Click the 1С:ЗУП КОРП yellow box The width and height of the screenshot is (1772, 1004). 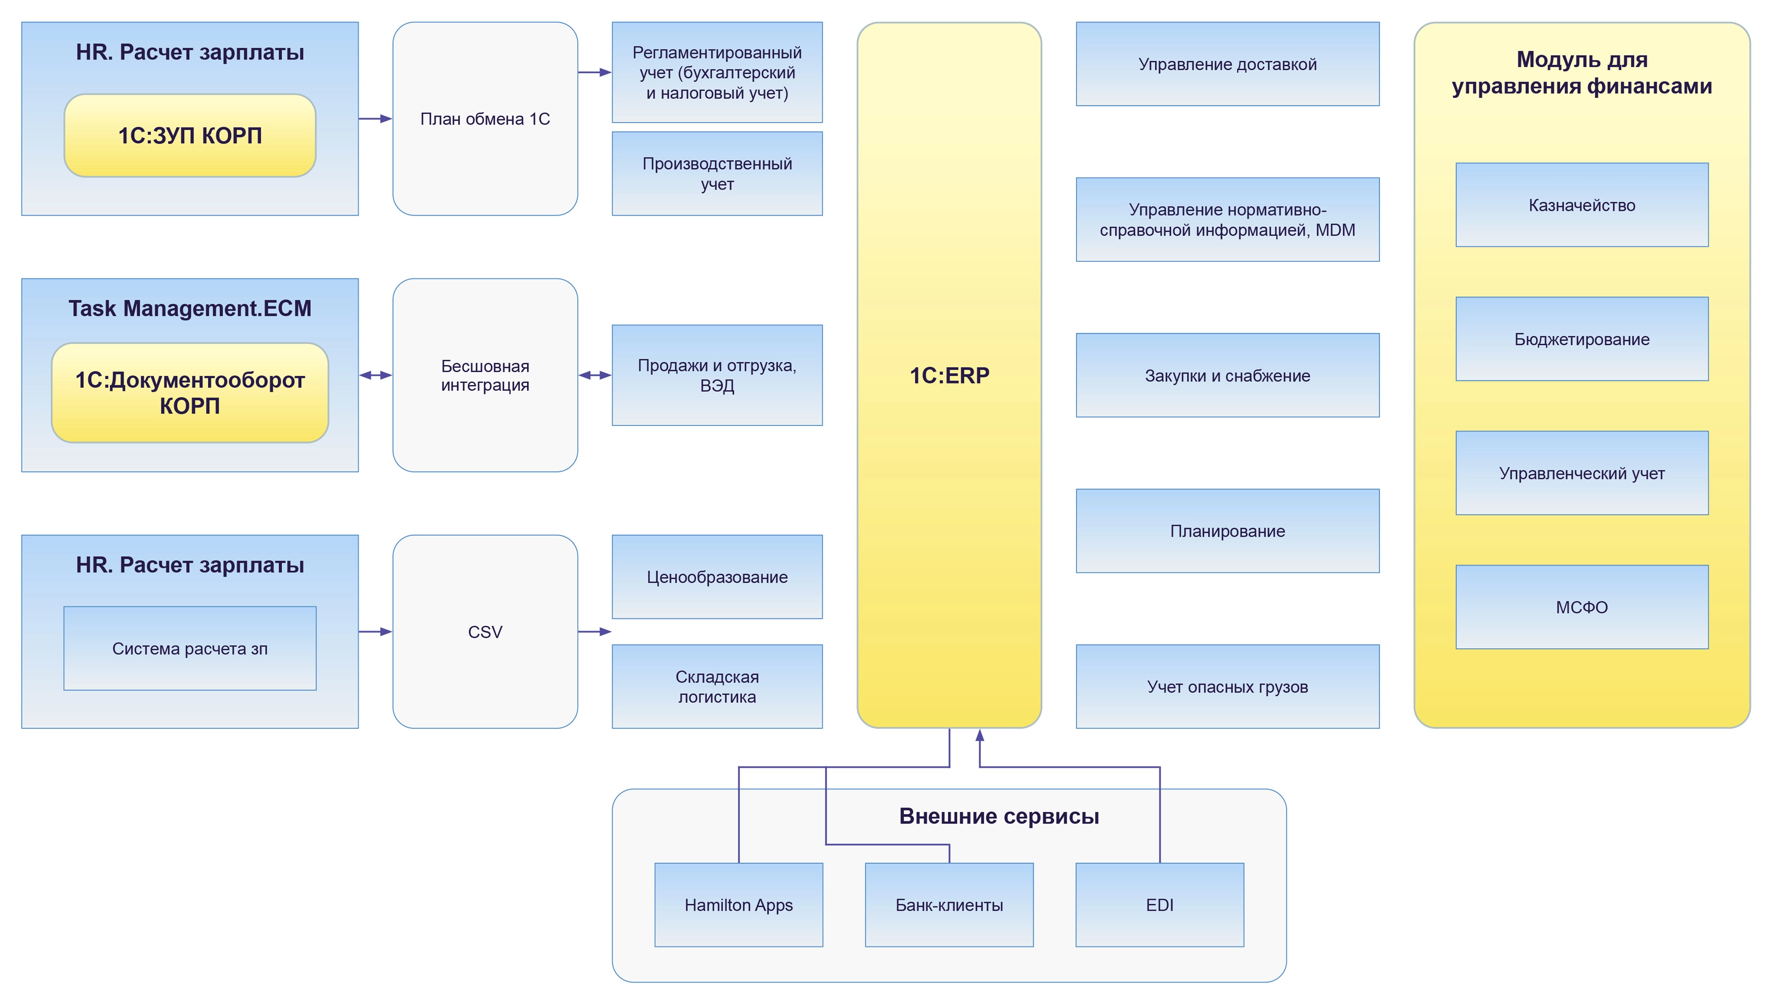(190, 135)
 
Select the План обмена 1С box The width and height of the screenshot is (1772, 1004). (485, 119)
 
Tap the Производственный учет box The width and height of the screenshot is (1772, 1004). (717, 174)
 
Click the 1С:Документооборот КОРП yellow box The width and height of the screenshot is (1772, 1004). (190, 392)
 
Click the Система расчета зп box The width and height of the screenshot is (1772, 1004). (190, 648)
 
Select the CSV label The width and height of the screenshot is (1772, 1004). (485, 631)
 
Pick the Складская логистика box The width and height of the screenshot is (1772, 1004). (717, 686)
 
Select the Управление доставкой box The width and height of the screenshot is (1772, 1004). (1227, 64)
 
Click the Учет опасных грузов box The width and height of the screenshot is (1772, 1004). (1227, 686)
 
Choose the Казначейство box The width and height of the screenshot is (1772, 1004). (1582, 205)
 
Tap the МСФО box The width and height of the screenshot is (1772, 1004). (1582, 607)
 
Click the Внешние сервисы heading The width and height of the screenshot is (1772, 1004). (999, 816)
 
